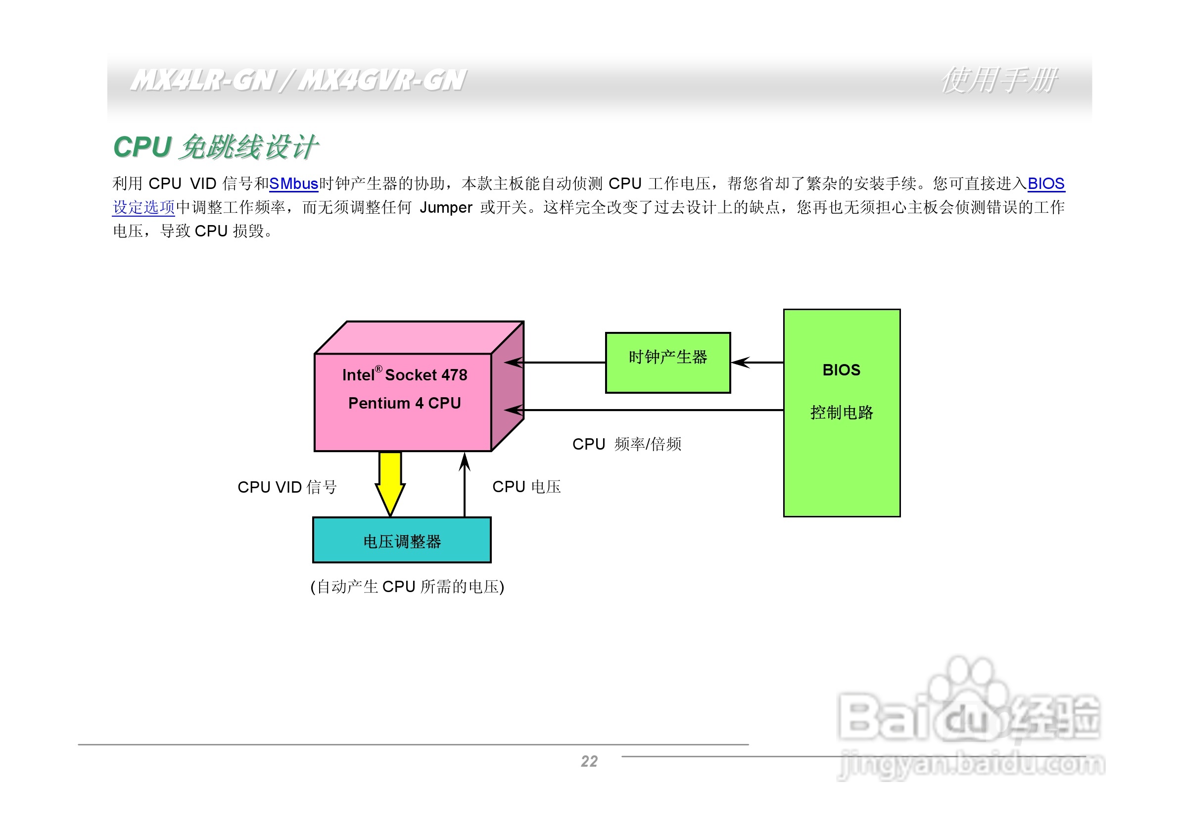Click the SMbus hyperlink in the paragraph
(293, 184)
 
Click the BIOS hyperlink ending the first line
(1045, 184)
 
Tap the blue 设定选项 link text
(143, 207)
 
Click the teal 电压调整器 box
(402, 541)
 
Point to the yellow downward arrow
(390, 482)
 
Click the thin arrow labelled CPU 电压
(465, 485)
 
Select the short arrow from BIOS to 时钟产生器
(757, 363)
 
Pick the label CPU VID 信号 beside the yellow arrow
(287, 487)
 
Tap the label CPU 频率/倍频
(626, 444)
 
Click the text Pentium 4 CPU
(404, 403)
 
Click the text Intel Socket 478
(404, 375)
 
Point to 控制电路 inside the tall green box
(842, 413)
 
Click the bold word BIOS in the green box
(841, 370)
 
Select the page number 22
(589, 761)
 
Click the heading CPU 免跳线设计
(216, 147)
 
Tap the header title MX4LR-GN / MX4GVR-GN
(297, 81)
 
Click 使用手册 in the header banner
(998, 81)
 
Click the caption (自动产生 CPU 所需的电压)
(407, 586)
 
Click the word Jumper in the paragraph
(445, 207)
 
